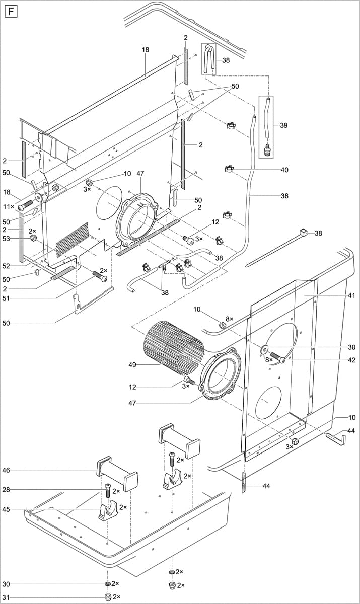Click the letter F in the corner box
pyautogui.click(x=10, y=10)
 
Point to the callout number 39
pyautogui.click(x=284, y=125)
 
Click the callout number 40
pyautogui.click(x=284, y=170)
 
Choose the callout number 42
pyautogui.click(x=351, y=360)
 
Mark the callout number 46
pyautogui.click(x=6, y=470)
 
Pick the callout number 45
pyautogui.click(x=6, y=509)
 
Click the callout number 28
pyautogui.click(x=6, y=489)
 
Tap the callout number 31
pyautogui.click(x=6, y=597)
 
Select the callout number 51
pyautogui.click(x=6, y=298)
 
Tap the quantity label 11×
pyautogui.click(x=9, y=207)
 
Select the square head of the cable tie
pyautogui.click(x=303, y=232)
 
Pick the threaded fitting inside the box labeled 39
pyautogui.click(x=266, y=148)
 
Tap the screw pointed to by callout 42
pyautogui.click(x=278, y=358)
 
